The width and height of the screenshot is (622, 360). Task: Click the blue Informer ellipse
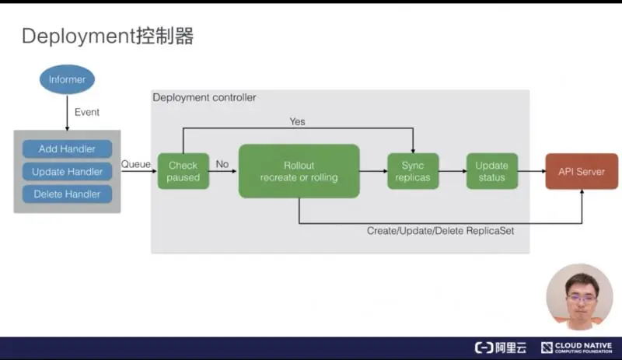(67, 79)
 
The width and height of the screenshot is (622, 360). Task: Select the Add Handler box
(67, 149)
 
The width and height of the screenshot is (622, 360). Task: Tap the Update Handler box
(67, 171)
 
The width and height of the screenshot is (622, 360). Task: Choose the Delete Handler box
(67, 194)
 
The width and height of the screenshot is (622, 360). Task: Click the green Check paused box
(183, 171)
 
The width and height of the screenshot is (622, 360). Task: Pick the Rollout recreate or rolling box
(299, 171)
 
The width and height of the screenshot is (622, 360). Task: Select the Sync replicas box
(413, 171)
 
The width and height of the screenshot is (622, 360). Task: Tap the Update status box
(491, 171)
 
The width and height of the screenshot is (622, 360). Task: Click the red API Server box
(582, 171)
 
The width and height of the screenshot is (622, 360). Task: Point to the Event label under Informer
(86, 112)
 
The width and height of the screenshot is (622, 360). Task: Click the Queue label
(136, 164)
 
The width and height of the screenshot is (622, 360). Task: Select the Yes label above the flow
(297, 121)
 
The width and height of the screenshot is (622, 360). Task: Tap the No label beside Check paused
(222, 164)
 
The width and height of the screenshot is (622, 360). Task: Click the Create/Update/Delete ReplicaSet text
(440, 231)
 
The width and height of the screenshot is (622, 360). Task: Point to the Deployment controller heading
(204, 98)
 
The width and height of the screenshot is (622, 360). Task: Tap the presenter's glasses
(578, 298)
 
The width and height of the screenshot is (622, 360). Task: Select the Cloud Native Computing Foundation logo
(577, 348)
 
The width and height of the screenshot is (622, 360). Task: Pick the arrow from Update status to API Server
(532, 171)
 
